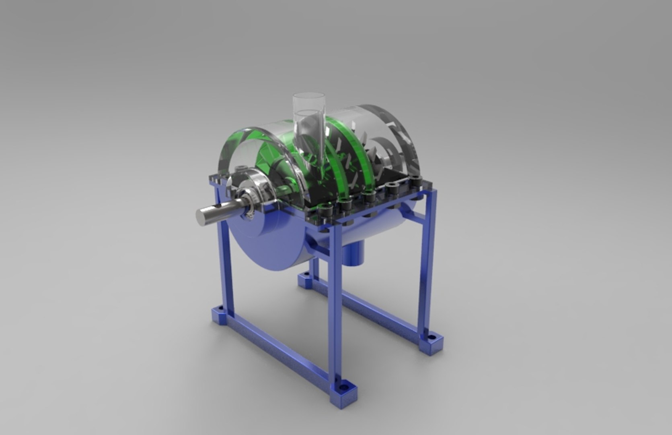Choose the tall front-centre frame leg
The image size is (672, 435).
[x=335, y=306]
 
